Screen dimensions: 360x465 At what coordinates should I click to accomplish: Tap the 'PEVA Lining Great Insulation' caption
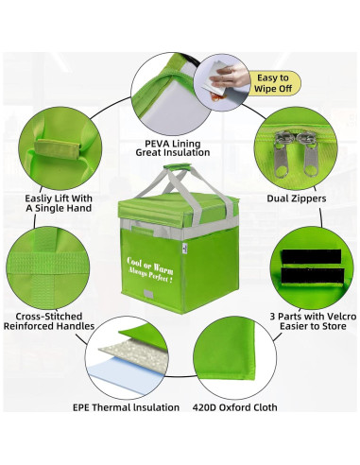pyautogui.click(x=173, y=148)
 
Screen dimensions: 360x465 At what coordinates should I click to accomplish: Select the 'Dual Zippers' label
pyautogui.click(x=297, y=198)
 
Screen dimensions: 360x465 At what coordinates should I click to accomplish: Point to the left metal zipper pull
pyautogui.click(x=280, y=153)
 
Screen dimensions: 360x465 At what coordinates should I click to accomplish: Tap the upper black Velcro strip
pyautogui.click(x=311, y=257)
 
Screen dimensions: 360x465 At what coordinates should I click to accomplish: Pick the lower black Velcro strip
pyautogui.click(x=312, y=276)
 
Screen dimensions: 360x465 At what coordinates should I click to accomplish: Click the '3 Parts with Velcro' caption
pyautogui.click(x=313, y=317)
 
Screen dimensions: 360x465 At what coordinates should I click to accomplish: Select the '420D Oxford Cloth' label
pyautogui.click(x=235, y=407)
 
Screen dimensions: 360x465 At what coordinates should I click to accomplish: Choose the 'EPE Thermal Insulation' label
pyautogui.click(x=126, y=407)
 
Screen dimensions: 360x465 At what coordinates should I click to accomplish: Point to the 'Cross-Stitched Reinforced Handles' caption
pyautogui.click(x=49, y=321)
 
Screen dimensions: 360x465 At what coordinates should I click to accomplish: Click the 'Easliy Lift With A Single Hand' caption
pyautogui.click(x=59, y=203)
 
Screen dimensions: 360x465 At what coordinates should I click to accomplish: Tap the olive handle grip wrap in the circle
pyautogui.click(x=57, y=149)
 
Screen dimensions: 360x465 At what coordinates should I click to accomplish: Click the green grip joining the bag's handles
pyautogui.click(x=177, y=167)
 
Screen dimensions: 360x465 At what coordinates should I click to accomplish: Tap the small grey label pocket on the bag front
pyautogui.click(x=149, y=294)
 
